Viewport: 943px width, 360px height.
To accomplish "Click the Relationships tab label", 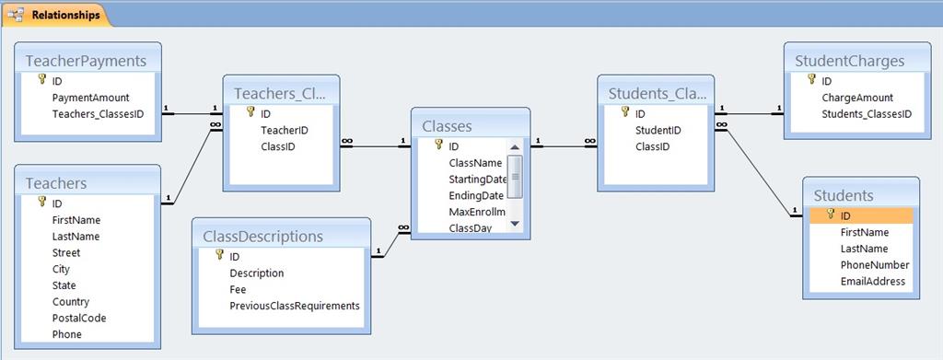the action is (x=65, y=15).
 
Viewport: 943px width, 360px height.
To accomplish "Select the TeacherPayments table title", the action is (x=86, y=61).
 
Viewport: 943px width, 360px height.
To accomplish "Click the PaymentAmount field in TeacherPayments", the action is (x=91, y=97).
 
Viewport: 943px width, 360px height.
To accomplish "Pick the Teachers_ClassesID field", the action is (x=98, y=113).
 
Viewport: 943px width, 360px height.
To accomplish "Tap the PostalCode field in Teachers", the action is (x=79, y=318).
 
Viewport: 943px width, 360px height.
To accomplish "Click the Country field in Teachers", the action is (x=70, y=302).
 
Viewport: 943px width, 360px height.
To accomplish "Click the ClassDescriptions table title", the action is (x=262, y=237).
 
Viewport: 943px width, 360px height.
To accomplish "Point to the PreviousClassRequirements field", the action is (x=295, y=306).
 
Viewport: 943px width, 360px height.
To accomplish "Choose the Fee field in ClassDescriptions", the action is (x=238, y=289).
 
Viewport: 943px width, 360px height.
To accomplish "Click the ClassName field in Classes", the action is (x=475, y=162).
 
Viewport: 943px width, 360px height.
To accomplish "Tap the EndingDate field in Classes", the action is (x=476, y=195).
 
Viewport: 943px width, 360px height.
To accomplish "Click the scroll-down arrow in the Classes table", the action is (x=514, y=224).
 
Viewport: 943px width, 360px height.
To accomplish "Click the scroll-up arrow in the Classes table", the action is (x=514, y=147).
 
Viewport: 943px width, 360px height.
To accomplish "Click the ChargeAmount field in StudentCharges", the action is (x=857, y=98).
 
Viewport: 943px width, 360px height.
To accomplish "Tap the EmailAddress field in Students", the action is (x=873, y=281).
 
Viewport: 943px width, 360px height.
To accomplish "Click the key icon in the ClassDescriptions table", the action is (x=219, y=255).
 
